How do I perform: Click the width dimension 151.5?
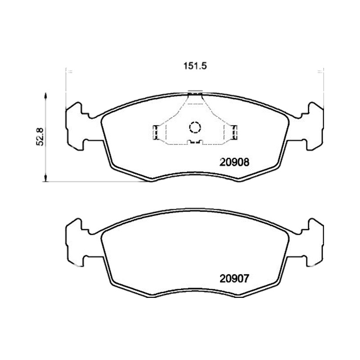click(195, 66)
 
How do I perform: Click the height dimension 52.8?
click(40, 137)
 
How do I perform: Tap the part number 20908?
click(234, 162)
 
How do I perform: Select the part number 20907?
click(234, 279)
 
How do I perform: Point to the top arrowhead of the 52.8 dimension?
click(45, 96)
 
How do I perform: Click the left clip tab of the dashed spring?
click(155, 132)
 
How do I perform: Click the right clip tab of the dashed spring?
click(234, 132)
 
